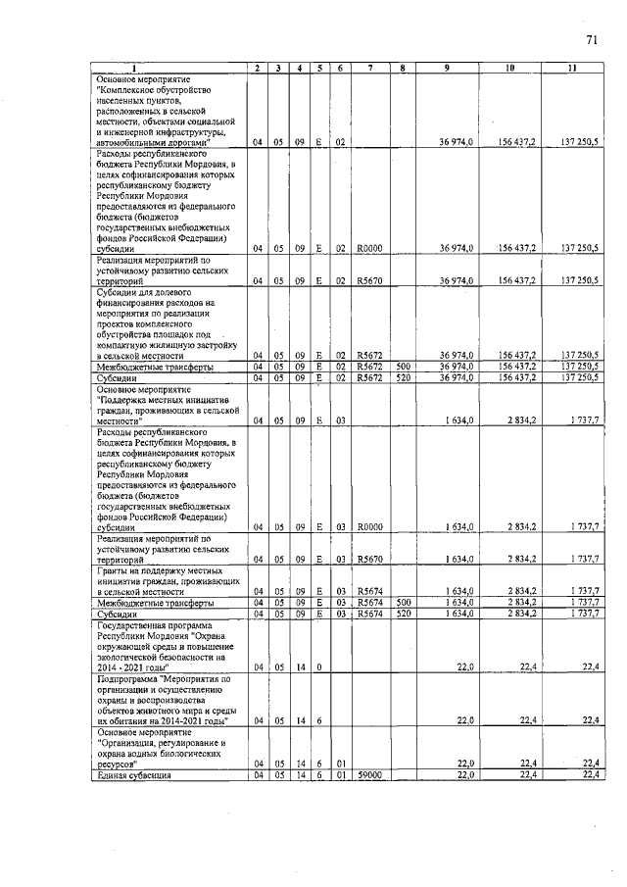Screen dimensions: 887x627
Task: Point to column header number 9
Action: coord(447,68)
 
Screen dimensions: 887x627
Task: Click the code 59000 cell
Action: coord(368,775)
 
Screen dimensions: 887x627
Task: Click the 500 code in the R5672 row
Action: coord(402,368)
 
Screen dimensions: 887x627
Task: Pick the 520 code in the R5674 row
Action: coord(402,614)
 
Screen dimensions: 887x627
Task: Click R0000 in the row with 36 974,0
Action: coord(368,250)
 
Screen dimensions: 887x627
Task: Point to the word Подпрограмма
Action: coord(128,677)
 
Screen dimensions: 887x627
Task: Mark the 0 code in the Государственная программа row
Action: coord(320,666)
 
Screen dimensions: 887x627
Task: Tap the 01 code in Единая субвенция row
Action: coord(340,775)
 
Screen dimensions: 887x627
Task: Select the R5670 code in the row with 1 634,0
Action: coord(368,560)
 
